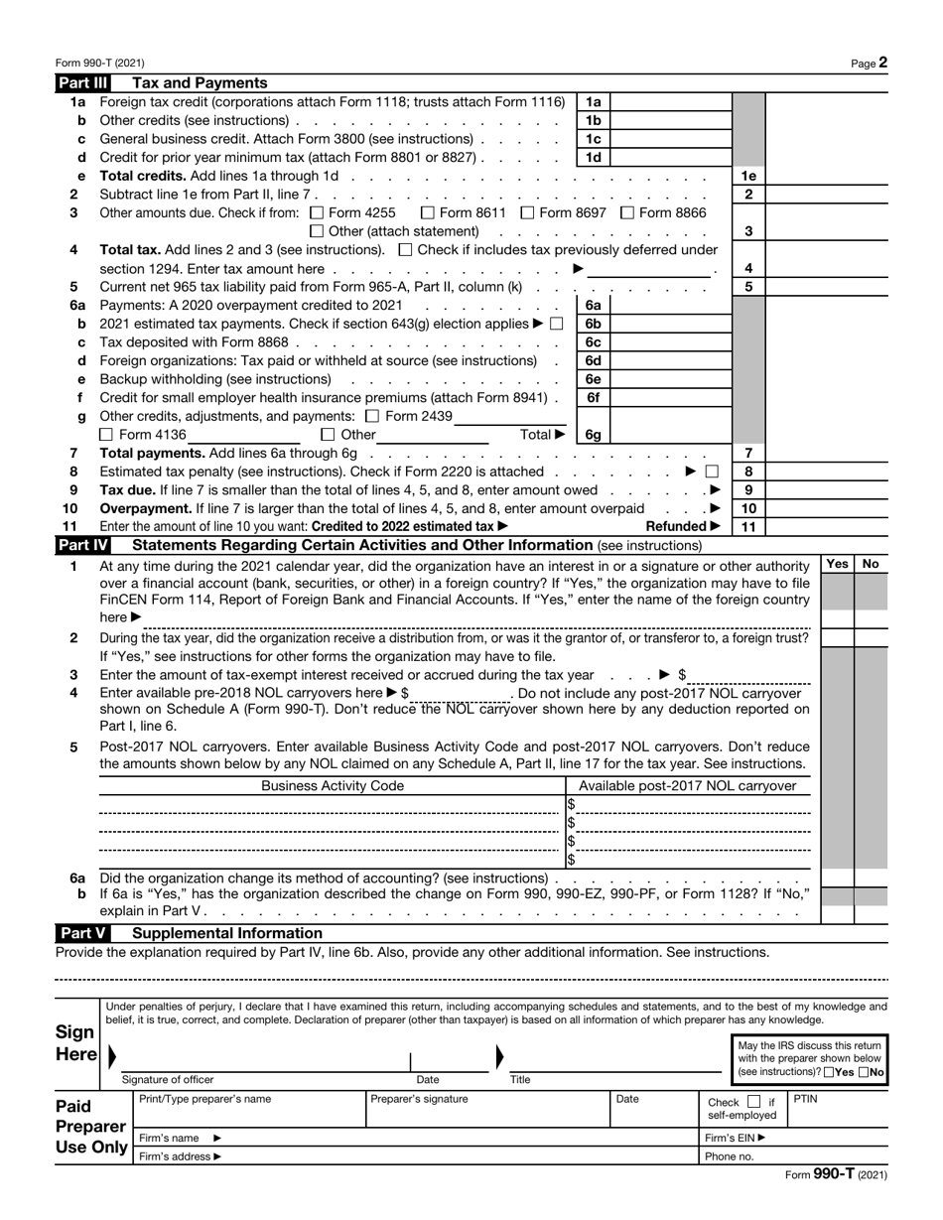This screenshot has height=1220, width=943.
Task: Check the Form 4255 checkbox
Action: tap(317, 212)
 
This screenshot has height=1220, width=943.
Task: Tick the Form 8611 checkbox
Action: tap(427, 212)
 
